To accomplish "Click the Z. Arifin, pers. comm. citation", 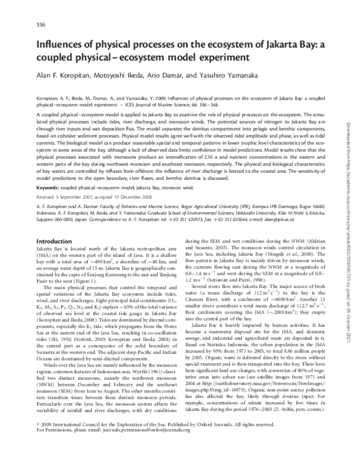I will pyautogui.click(x=307, y=423).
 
